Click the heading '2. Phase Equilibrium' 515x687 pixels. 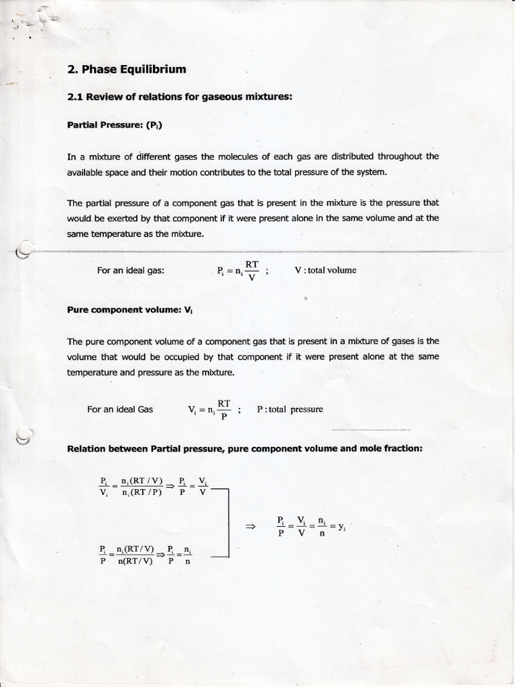[x=127, y=70]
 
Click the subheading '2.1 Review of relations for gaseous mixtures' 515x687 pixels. [x=180, y=97]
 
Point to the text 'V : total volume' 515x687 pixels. [x=325, y=270]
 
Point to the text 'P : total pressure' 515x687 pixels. [x=290, y=409]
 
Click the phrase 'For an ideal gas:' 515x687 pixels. [x=131, y=270]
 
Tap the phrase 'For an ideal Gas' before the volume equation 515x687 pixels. [x=120, y=409]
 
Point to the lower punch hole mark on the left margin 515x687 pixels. [x=23, y=436]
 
